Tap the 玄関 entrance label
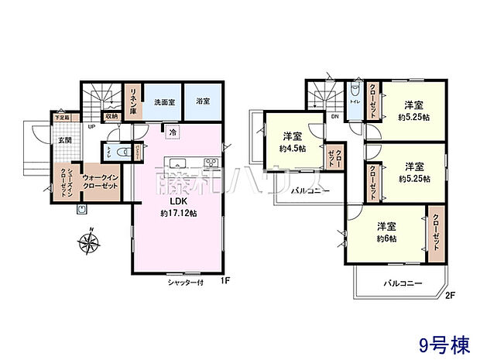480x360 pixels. tap(63, 140)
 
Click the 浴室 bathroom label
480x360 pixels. tap(202, 102)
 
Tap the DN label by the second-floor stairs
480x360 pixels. tap(335, 117)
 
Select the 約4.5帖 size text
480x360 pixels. tap(293, 148)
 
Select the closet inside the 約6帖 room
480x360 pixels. tap(436, 231)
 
